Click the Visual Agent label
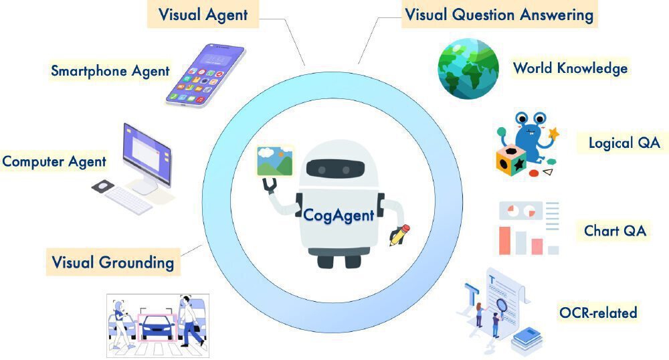[x=203, y=14]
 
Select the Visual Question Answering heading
[x=499, y=14]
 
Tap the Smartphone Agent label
[x=110, y=70]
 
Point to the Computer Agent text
[x=54, y=161]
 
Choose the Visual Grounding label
[x=112, y=262]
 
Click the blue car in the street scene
[x=157, y=327]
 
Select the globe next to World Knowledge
[x=468, y=68]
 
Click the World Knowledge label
[x=570, y=68]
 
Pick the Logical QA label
[x=624, y=143]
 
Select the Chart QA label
[x=615, y=231]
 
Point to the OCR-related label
[x=598, y=312]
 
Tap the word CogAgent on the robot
[x=339, y=215]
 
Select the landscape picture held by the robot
[x=275, y=161]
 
